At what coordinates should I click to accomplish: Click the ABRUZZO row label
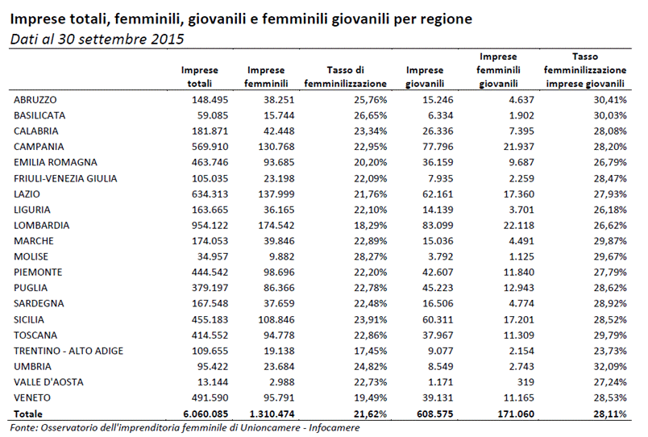pos(35,100)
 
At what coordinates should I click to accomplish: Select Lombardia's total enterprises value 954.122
pos(210,225)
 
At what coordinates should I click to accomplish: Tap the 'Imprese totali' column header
pos(200,77)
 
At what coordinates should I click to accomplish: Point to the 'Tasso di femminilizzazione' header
pos(346,77)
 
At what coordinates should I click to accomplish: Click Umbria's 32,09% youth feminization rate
pos(610,367)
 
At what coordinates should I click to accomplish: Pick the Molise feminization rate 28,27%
pos(370,256)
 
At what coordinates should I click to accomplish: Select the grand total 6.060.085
pos(206,414)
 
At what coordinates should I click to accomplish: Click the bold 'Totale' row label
pos(28,414)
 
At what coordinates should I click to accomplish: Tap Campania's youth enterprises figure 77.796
pos(438,147)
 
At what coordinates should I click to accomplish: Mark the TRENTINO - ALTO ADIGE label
pos(69,351)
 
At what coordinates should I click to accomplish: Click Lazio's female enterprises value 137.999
pos(276,194)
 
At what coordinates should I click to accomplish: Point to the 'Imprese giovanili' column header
pos(425,77)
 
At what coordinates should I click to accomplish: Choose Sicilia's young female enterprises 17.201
pos(519,319)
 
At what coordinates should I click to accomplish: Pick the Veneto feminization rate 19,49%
pos(370,398)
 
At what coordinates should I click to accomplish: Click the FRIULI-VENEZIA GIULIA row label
pos(65,179)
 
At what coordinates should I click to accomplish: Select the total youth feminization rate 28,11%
pos(610,414)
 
